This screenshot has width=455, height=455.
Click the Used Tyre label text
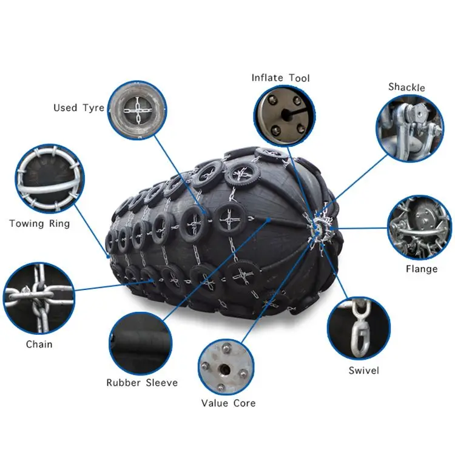tap(73, 108)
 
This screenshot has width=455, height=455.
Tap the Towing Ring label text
tap(39, 224)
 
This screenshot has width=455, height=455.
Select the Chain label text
tap(39, 345)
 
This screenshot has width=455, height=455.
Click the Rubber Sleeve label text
tap(142, 383)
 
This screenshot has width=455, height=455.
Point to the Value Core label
tap(228, 403)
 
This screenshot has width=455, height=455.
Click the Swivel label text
tap(363, 371)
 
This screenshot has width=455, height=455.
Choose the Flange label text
tap(421, 269)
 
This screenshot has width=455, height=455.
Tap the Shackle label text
tap(406, 87)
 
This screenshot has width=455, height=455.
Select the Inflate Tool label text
tap(280, 78)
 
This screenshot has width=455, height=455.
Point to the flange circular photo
tap(420, 227)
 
